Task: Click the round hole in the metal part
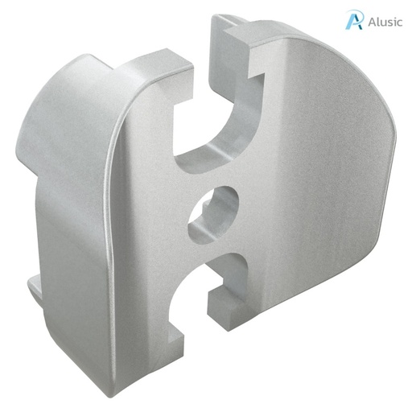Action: click(x=215, y=214)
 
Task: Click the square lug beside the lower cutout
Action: click(x=225, y=310)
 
